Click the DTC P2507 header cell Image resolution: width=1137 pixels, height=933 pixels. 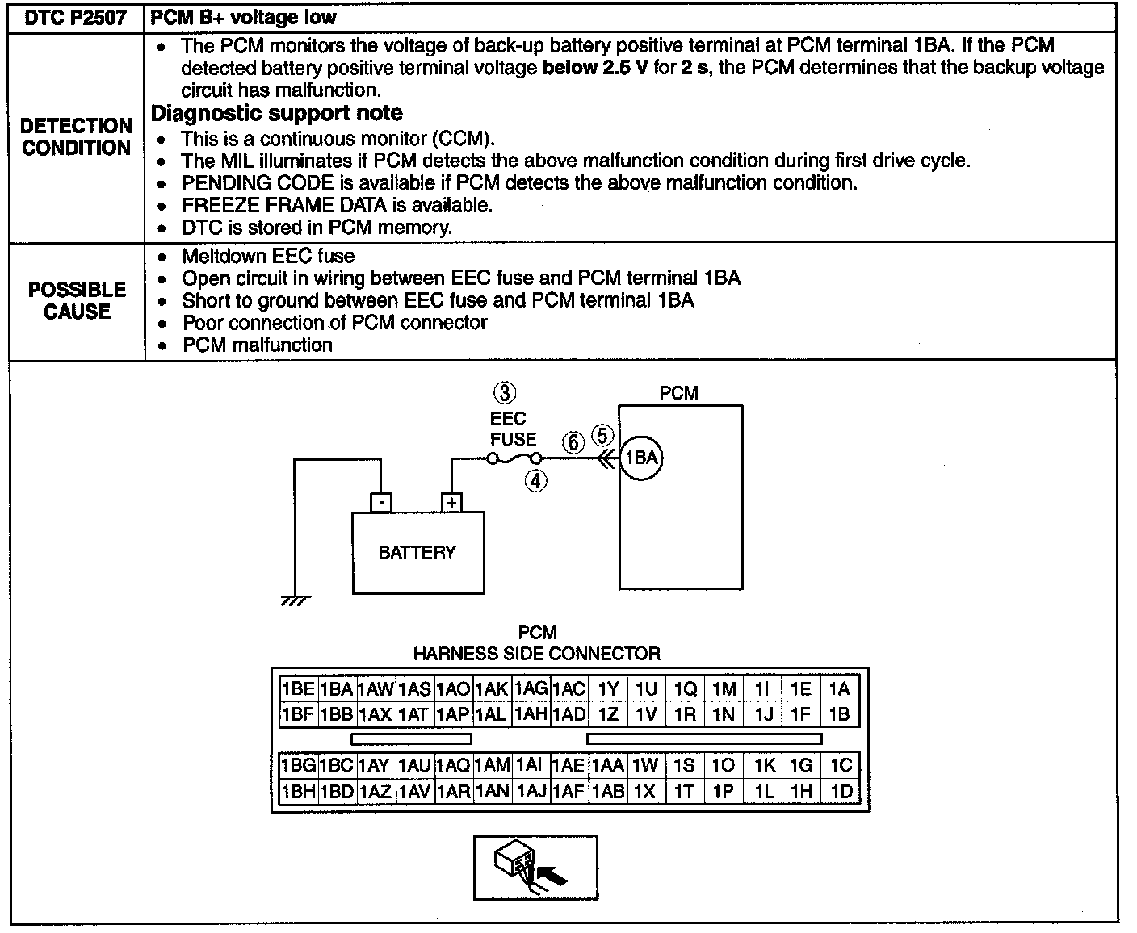[x=76, y=18]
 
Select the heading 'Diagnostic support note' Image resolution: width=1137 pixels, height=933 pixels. [x=277, y=113]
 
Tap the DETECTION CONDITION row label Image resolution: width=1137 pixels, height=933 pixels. [x=77, y=137]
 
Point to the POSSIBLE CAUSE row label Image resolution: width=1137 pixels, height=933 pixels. [x=77, y=301]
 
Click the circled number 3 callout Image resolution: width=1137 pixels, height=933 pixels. [x=505, y=394]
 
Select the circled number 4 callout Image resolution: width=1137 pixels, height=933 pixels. [x=536, y=481]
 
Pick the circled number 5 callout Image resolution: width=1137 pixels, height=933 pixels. [x=602, y=436]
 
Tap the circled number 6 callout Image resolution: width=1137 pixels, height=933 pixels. [x=573, y=442]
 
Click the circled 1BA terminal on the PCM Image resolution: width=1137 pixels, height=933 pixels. [x=640, y=458]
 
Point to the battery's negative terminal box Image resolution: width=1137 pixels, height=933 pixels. [x=380, y=502]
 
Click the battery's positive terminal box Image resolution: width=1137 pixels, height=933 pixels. [x=452, y=502]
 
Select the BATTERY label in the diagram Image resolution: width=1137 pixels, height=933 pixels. [x=417, y=553]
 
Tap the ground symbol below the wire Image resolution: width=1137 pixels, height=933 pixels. [x=296, y=600]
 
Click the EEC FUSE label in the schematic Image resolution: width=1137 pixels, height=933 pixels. [x=512, y=429]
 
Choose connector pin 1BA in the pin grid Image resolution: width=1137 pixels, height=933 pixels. [x=336, y=689]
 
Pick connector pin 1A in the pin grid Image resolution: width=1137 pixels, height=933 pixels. [x=839, y=689]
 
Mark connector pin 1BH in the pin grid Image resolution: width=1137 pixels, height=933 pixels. [x=298, y=792]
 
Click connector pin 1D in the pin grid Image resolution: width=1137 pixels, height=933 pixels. [x=841, y=792]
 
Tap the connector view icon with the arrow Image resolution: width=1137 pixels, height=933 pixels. [x=535, y=868]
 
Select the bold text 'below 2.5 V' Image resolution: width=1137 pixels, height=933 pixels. [x=595, y=68]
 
